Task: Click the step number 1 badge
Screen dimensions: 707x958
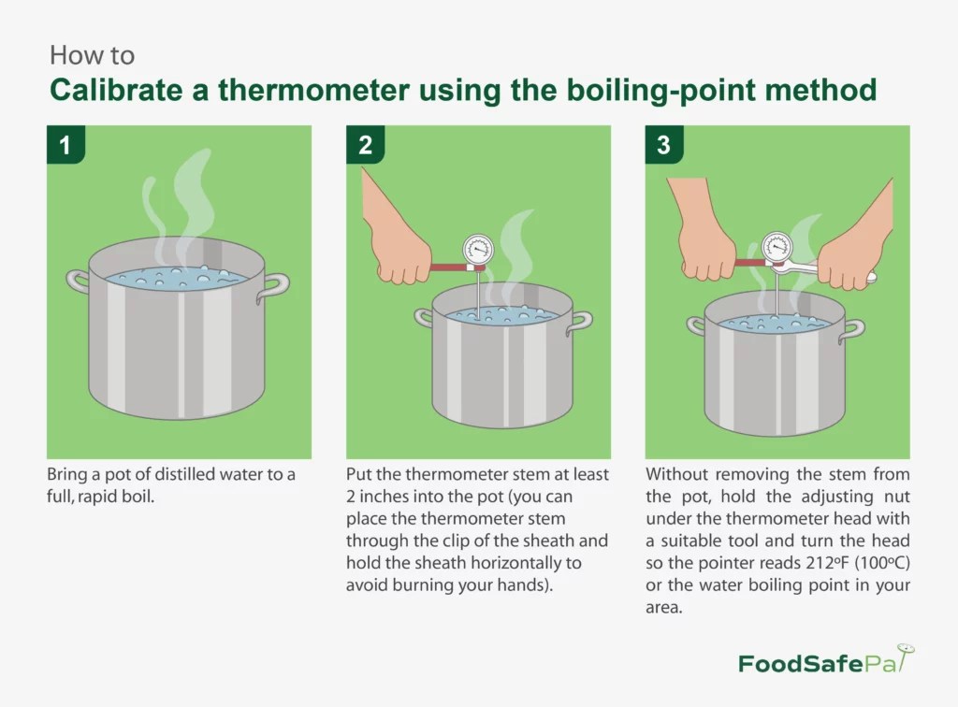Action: click(65, 145)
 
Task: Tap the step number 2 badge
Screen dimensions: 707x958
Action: click(365, 145)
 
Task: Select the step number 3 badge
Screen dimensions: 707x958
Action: click(664, 145)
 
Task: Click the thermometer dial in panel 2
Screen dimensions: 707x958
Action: click(478, 250)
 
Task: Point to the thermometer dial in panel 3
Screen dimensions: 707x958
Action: click(777, 247)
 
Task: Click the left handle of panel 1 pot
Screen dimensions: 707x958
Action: click(78, 280)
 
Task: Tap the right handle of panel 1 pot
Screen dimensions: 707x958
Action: click(273, 284)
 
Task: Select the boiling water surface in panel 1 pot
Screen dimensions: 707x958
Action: click(176, 278)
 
